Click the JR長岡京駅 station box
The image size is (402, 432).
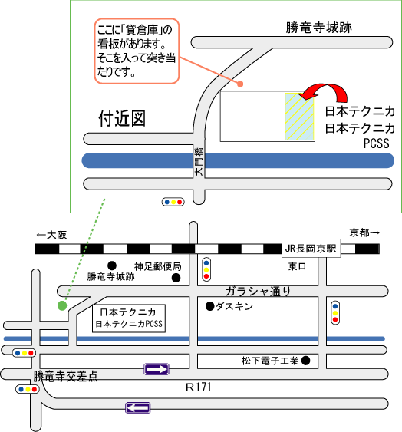(311, 249)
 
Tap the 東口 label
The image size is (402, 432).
(297, 266)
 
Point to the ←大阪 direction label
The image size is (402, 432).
(51, 235)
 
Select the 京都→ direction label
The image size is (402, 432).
(364, 232)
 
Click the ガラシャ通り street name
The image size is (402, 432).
(259, 291)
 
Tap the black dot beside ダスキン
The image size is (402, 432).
(210, 306)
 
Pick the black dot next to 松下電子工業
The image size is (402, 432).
(305, 361)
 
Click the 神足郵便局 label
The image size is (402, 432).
(158, 266)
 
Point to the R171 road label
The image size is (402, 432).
(199, 387)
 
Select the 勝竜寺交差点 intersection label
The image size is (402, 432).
(65, 376)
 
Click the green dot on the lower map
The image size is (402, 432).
(62, 305)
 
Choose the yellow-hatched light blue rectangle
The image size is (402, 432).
(299, 117)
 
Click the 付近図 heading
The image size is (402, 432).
(122, 118)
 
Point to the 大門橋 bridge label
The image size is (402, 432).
(199, 162)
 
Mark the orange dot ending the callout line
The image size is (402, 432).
(240, 84)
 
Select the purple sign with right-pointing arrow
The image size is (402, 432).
(157, 369)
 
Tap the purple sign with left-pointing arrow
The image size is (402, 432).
(138, 407)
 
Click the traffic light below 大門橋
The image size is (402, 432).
(173, 202)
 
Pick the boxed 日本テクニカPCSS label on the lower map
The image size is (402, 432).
(129, 318)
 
